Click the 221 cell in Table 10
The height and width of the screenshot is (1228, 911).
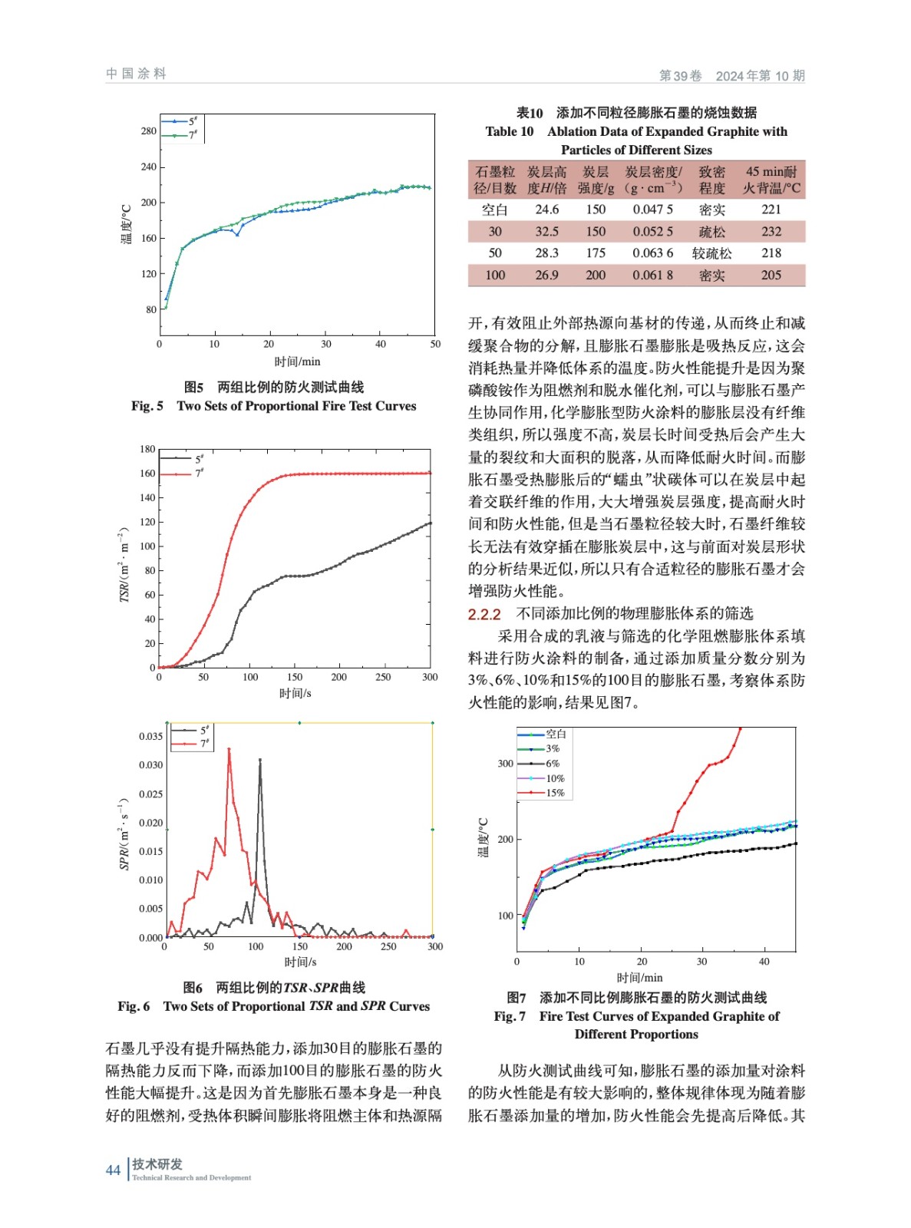pyautogui.click(x=771, y=210)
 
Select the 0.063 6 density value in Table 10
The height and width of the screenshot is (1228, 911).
pyautogui.click(x=652, y=253)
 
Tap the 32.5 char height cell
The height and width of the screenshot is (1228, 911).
pyautogui.click(x=546, y=232)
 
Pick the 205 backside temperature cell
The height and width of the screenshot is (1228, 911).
pyautogui.click(x=771, y=275)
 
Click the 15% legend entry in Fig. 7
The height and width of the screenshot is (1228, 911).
pyautogui.click(x=554, y=793)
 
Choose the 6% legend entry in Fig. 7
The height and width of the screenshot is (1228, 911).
pyautogui.click(x=553, y=764)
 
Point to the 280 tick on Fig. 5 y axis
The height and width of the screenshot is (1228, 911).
pyautogui.click(x=148, y=131)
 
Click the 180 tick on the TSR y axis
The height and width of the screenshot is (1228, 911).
pyautogui.click(x=147, y=449)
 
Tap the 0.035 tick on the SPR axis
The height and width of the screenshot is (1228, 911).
pyautogui.click(x=150, y=736)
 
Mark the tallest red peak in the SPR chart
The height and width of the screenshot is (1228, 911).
pyautogui.click(x=229, y=750)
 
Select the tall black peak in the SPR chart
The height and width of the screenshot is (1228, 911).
pyautogui.click(x=259, y=761)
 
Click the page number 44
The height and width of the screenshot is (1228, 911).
pyautogui.click(x=113, y=1170)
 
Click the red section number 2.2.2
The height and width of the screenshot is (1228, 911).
pyautogui.click(x=484, y=614)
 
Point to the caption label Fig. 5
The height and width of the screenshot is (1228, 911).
pyautogui.click(x=147, y=406)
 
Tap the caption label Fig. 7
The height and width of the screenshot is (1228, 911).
pyautogui.click(x=510, y=1016)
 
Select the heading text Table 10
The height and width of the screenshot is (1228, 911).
pyautogui.click(x=509, y=131)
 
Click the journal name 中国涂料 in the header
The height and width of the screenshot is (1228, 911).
pyautogui.click(x=136, y=74)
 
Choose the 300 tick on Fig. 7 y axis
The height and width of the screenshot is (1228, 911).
pyautogui.click(x=505, y=764)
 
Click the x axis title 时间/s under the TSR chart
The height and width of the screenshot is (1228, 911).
pyautogui.click(x=295, y=693)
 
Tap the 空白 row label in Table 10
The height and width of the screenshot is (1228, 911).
pyautogui.click(x=494, y=210)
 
